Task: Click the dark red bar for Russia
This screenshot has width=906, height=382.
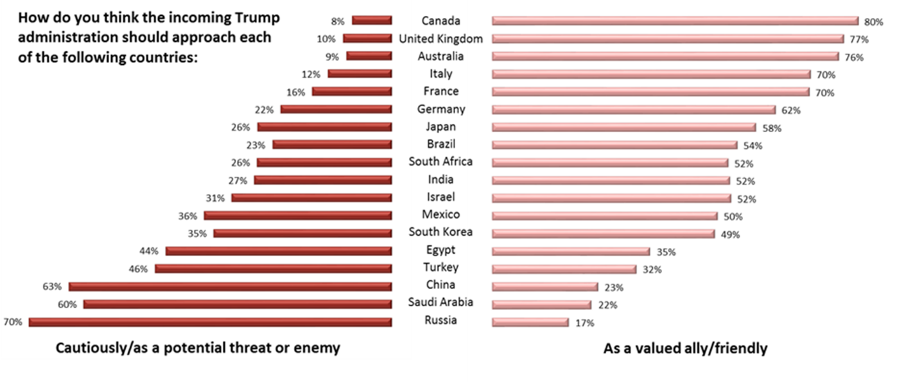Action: pyautogui.click(x=210, y=322)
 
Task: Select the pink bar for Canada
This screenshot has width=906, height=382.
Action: pyautogui.click(x=675, y=21)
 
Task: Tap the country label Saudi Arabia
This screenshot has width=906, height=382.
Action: pyautogui.click(x=440, y=302)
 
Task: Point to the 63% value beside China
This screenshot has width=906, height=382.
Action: pyautogui.click(x=53, y=286)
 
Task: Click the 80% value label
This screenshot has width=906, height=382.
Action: pyautogui.click(x=873, y=22)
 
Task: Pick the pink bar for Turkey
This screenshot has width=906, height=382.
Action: pyautogui.click(x=564, y=269)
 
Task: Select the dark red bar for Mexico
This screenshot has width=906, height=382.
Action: pyautogui.click(x=297, y=216)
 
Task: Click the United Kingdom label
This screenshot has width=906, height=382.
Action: pyautogui.click(x=440, y=39)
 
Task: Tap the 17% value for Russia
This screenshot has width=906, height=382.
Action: pyautogui.click(x=584, y=323)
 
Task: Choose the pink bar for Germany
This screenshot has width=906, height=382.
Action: pyautogui.click(x=634, y=109)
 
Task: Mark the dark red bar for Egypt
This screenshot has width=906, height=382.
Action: pyautogui.click(x=278, y=251)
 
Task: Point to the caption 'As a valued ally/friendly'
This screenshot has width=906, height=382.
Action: pyautogui.click(x=685, y=349)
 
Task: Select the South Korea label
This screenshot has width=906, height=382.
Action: pyautogui.click(x=440, y=232)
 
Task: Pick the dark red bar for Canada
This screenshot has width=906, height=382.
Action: pyautogui.click(x=372, y=21)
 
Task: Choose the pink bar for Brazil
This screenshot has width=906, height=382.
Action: pyautogui.click(x=614, y=144)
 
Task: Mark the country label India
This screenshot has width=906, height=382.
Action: pyautogui.click(x=440, y=179)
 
